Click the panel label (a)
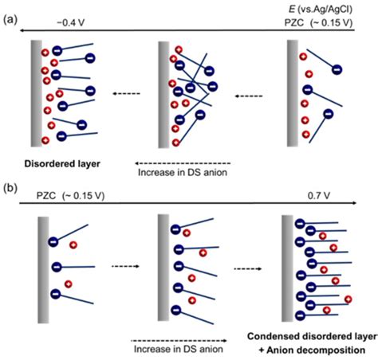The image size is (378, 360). [10, 15]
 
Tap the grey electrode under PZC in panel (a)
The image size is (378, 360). [291, 93]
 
